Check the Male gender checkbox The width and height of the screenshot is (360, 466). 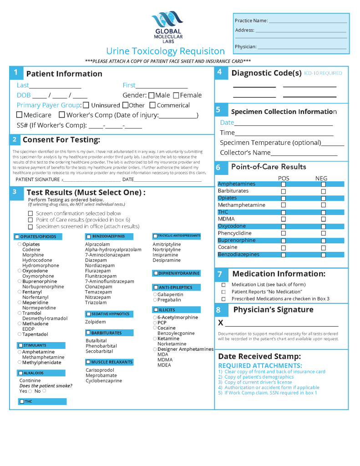pyautogui.click(x=152, y=96)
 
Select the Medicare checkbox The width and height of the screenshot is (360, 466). pyautogui.click(x=20, y=115)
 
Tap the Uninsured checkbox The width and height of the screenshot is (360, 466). pyautogui.click(x=86, y=105)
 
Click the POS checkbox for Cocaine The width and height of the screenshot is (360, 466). pyautogui.click(x=283, y=248)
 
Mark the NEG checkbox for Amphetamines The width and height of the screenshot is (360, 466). pyautogui.click(x=323, y=184)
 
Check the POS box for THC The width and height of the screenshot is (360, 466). pyautogui.click(x=283, y=213)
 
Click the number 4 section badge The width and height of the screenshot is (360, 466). pyautogui.click(x=219, y=72)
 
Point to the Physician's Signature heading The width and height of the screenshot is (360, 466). pyautogui.click(x=273, y=310)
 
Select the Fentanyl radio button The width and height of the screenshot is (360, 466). pyautogui.click(x=20, y=292)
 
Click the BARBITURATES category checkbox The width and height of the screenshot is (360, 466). pyautogui.click(x=88, y=333)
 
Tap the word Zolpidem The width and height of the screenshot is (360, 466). pyautogui.click(x=96, y=322)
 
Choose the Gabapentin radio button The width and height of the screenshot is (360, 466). pyautogui.click(x=155, y=294)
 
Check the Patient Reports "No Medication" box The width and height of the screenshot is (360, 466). pyautogui.click(x=223, y=292)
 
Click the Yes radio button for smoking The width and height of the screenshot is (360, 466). pyautogui.click(x=30, y=391)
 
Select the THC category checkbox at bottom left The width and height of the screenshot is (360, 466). pyautogui.click(x=21, y=402)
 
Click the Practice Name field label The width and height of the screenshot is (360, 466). pyautogui.click(x=251, y=20)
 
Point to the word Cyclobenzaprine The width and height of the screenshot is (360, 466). pyautogui.click(x=104, y=381)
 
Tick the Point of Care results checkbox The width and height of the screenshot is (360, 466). pyautogui.click(x=30, y=220)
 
